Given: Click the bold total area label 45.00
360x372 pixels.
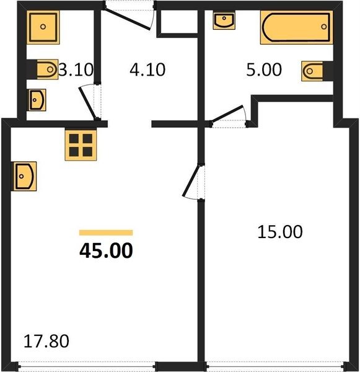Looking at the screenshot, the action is click(106, 250).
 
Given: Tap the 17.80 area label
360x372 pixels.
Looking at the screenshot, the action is click(46, 341).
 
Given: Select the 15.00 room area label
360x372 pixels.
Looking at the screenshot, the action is click(280, 232).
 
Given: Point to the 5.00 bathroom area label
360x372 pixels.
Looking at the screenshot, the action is click(264, 69).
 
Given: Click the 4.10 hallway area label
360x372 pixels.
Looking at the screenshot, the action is click(147, 69).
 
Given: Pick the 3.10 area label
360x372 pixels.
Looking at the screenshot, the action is click(76, 69).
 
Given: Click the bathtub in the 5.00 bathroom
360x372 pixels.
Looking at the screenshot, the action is click(296, 27).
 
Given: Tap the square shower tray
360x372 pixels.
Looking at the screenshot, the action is click(43, 27).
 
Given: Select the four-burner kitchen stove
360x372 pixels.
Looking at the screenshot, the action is click(81, 145).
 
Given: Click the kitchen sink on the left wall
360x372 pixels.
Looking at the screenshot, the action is click(25, 176).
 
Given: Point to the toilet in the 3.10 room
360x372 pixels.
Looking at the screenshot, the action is click(48, 69).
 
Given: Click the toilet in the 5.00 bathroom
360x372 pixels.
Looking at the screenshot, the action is click(312, 71).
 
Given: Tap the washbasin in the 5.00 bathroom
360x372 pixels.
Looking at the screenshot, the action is click(224, 21).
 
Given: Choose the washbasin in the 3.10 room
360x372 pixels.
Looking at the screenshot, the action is click(37, 100).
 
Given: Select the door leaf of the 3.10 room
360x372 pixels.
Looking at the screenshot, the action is click(88, 103).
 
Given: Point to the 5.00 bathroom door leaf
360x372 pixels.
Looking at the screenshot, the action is click(227, 114).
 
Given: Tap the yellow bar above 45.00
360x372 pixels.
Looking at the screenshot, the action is click(106, 232).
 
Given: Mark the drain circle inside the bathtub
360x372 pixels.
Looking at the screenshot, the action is click(323, 27).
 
